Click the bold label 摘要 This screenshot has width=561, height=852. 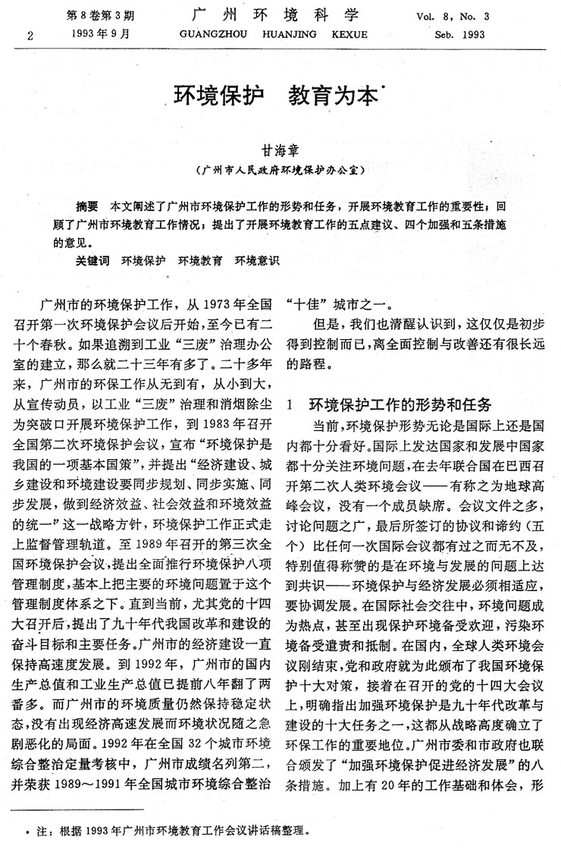click(x=87, y=206)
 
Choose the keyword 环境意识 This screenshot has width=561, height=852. click(x=257, y=260)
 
